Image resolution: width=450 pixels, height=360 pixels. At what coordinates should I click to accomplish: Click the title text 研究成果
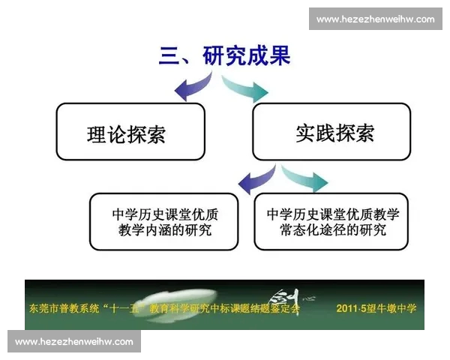(x=247, y=56)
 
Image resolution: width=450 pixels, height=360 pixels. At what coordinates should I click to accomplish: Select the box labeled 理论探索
(x=130, y=132)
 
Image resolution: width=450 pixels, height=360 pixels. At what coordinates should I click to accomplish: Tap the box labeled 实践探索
(x=331, y=132)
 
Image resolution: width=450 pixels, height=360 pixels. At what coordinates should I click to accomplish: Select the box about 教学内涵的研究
(x=163, y=221)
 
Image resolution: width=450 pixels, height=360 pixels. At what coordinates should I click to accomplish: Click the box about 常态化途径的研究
(x=331, y=221)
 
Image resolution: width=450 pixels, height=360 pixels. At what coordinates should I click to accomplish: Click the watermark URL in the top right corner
(x=375, y=19)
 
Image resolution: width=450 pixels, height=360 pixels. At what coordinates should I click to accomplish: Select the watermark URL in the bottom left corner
(x=74, y=341)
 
